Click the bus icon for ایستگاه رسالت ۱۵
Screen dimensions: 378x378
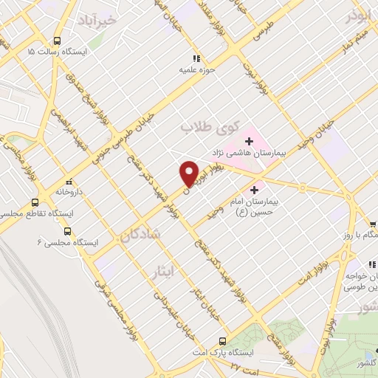click(58, 41)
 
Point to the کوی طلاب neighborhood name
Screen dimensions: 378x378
click(202, 126)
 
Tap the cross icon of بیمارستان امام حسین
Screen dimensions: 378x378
click(264, 190)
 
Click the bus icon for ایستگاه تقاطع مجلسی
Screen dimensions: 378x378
click(35, 202)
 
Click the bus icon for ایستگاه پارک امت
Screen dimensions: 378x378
click(222, 341)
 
